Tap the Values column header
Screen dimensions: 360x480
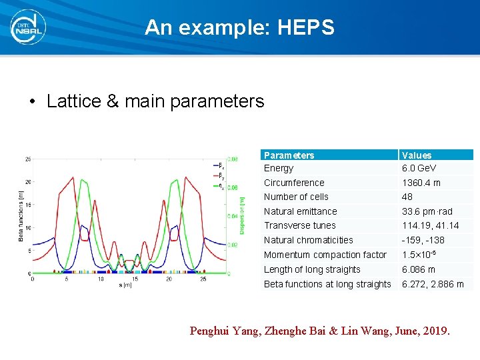click(417, 155)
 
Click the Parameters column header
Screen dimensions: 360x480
click(289, 155)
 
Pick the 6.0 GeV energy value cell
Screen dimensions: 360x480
click(419, 169)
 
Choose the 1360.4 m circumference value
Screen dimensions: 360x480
click(421, 183)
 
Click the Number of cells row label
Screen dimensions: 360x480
click(296, 197)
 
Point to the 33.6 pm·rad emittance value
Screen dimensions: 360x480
click(427, 211)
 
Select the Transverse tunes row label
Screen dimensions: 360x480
click(299, 225)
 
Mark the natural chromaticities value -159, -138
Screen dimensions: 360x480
click(423, 240)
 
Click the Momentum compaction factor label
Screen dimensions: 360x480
click(325, 255)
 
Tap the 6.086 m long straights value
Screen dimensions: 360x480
click(418, 269)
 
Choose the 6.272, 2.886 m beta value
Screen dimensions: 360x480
click(433, 284)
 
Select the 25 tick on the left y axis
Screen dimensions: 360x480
click(27, 159)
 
